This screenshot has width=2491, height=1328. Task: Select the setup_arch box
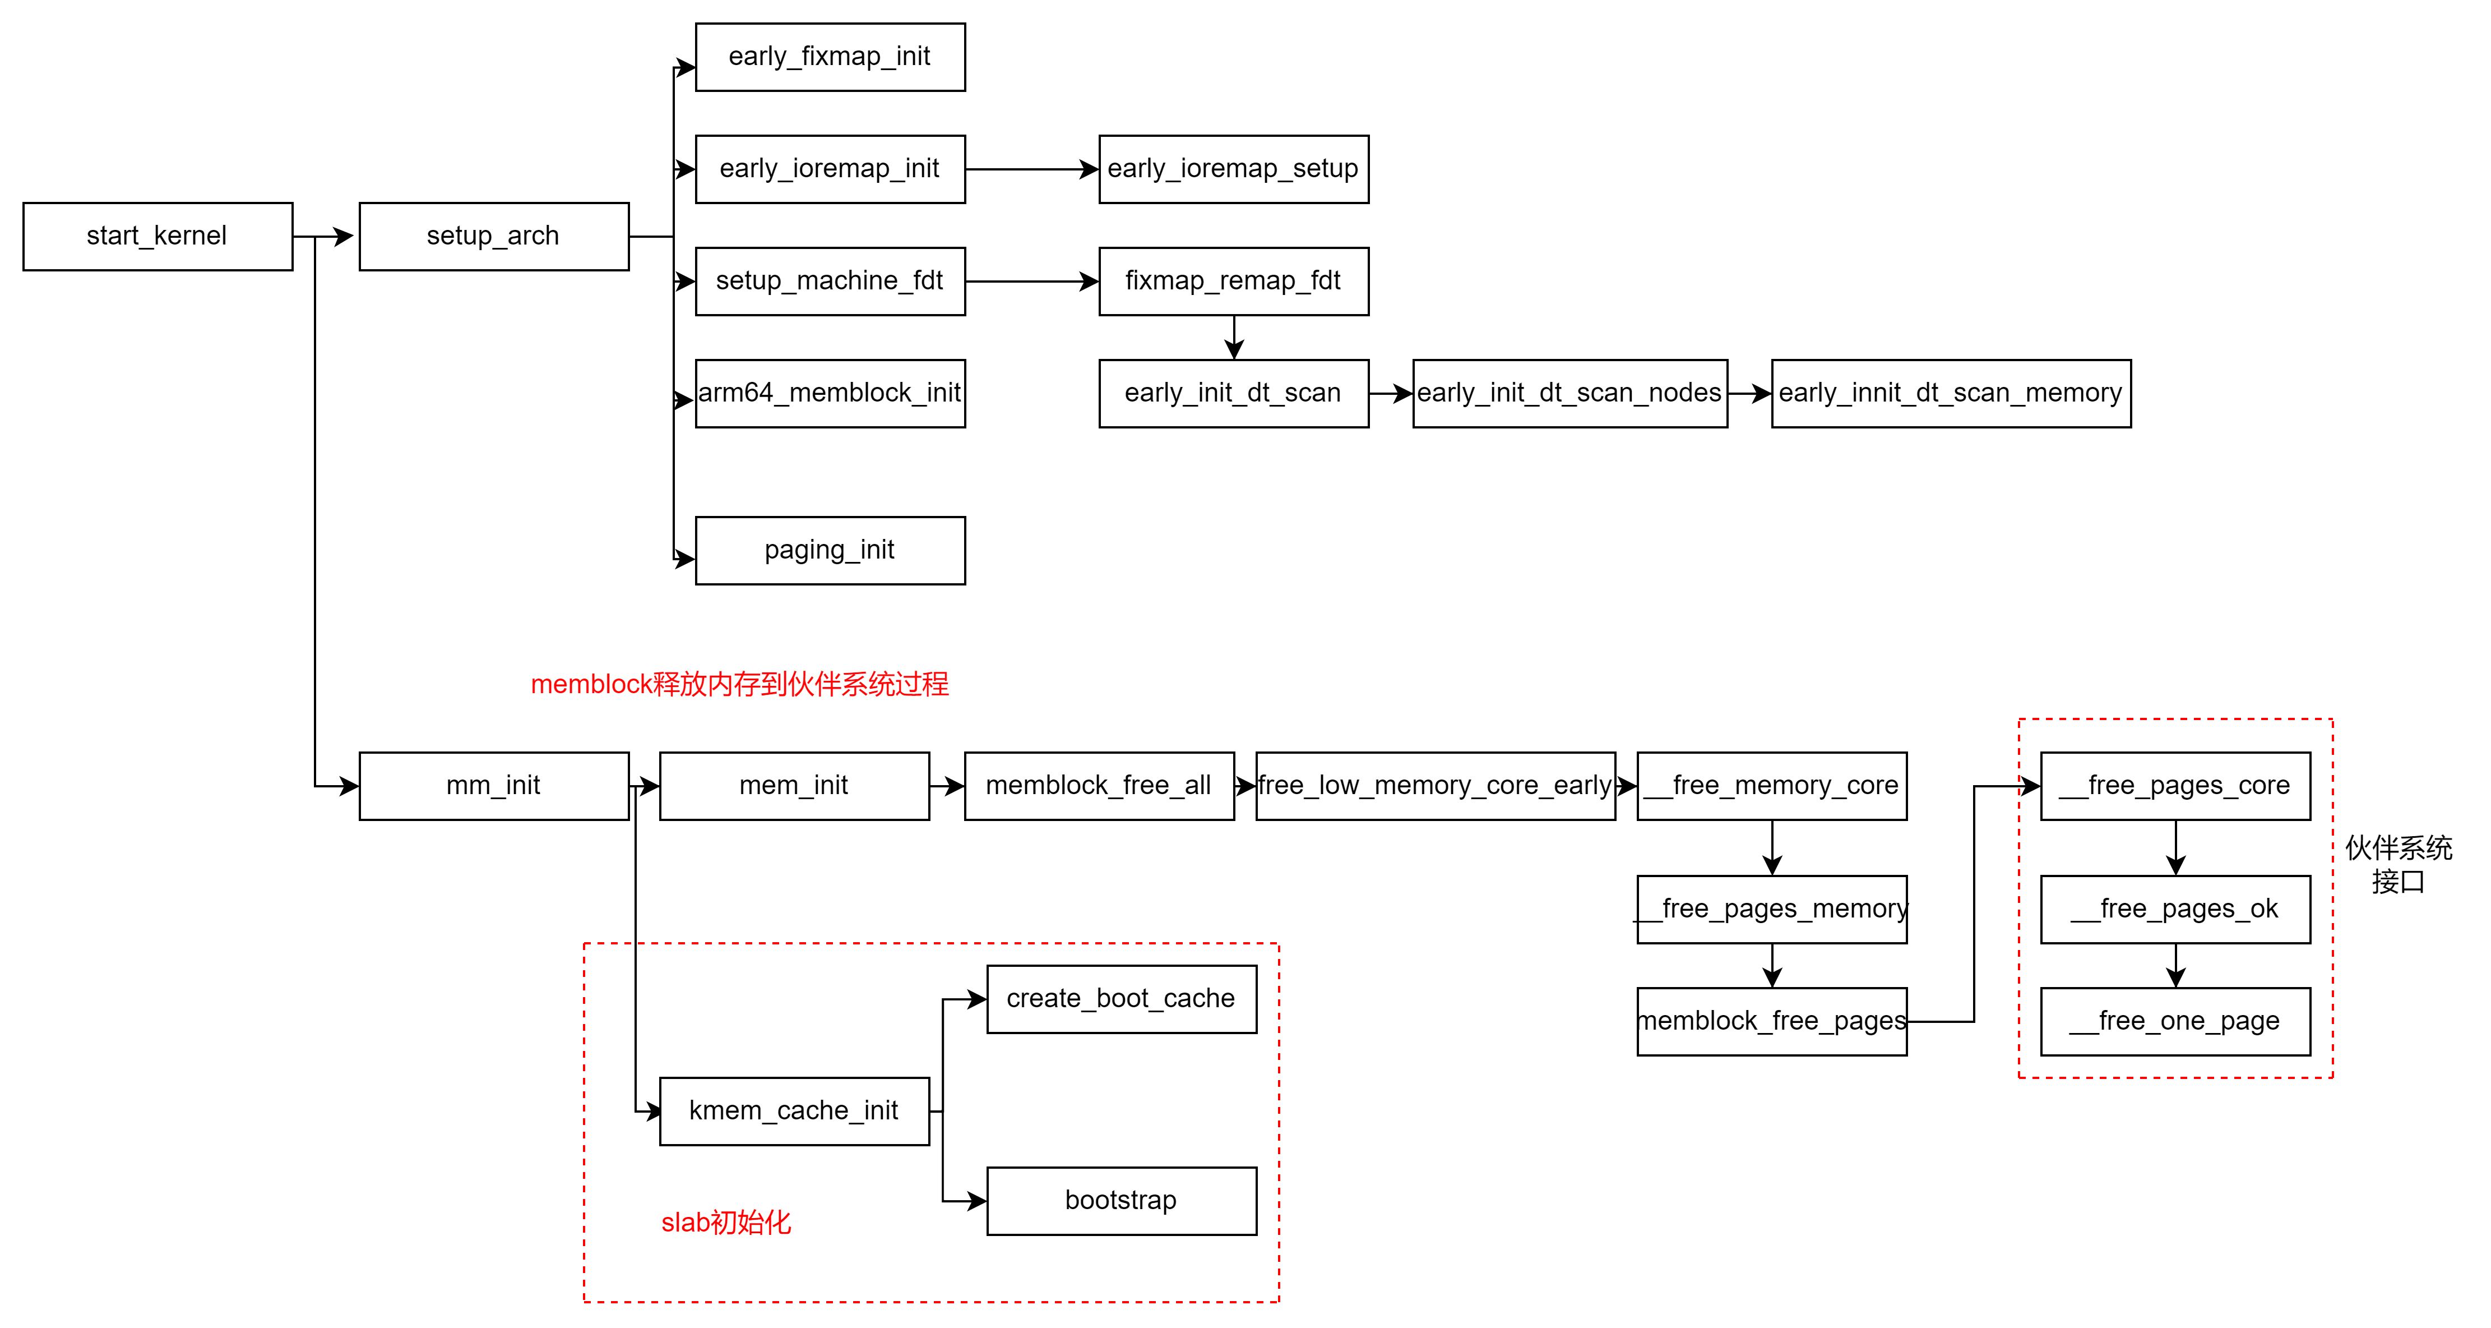click(493, 236)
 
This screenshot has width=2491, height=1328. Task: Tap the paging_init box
click(830, 550)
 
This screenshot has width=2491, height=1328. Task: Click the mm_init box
click(493, 785)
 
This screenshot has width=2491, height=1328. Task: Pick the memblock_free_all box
click(1099, 785)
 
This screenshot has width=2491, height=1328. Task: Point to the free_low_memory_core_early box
click(1435, 785)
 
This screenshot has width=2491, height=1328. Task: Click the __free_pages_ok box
click(2175, 909)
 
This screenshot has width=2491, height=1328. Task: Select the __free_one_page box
click(2175, 1021)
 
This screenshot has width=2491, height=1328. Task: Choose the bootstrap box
click(1121, 1200)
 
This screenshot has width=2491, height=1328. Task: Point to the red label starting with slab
click(725, 1223)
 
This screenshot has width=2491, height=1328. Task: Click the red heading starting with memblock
click(740, 685)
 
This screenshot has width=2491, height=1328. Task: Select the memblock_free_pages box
click(1771, 1021)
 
